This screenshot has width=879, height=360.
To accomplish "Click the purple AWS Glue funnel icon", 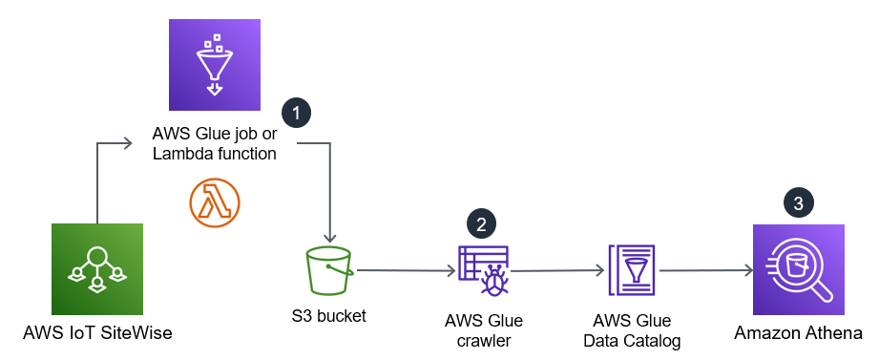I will (x=215, y=65).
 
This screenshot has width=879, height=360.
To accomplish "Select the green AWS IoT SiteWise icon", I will (x=97, y=270).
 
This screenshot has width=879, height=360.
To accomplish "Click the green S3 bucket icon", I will (x=329, y=270).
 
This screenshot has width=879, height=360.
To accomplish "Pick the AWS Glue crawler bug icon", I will (x=484, y=270).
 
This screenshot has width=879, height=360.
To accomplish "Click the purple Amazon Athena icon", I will (x=799, y=269).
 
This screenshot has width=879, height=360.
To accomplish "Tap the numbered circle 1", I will (x=298, y=113).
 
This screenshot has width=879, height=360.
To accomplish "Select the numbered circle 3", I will (x=798, y=202).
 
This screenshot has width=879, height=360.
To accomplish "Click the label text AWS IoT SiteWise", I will (x=97, y=333).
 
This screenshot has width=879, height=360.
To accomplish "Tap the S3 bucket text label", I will (x=329, y=315).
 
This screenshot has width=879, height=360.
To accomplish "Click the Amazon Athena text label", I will (x=799, y=333).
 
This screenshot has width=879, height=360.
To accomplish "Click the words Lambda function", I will (x=215, y=153).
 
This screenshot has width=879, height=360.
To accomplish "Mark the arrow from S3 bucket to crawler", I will (x=406, y=271).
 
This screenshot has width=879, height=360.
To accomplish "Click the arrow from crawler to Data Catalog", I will (x=558, y=271).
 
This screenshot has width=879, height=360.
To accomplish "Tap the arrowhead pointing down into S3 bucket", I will (x=329, y=239).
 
